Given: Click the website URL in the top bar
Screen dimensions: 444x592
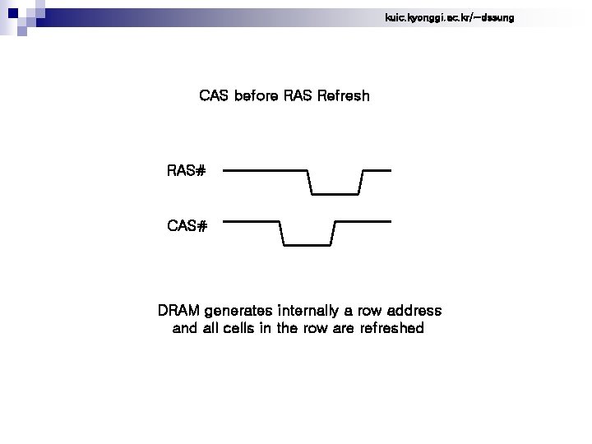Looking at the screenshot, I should (449, 17).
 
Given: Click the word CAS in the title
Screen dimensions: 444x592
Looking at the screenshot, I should (215, 96).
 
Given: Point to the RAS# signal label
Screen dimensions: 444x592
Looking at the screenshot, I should (186, 171).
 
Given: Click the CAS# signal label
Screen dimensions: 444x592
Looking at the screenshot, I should (187, 225).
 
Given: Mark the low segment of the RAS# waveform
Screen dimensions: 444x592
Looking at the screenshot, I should (335, 194).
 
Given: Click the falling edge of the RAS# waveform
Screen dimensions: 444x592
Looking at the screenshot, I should (310, 183).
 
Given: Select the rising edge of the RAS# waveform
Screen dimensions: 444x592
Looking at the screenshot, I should (361, 183).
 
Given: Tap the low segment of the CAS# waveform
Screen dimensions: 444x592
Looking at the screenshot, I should (307, 245).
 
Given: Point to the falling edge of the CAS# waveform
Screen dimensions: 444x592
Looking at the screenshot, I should (281, 233).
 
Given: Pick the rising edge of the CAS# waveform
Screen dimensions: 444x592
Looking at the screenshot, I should (333, 233).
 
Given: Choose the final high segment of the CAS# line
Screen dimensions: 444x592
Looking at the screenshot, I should (363, 221).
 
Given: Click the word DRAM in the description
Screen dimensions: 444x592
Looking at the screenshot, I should (178, 312).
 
